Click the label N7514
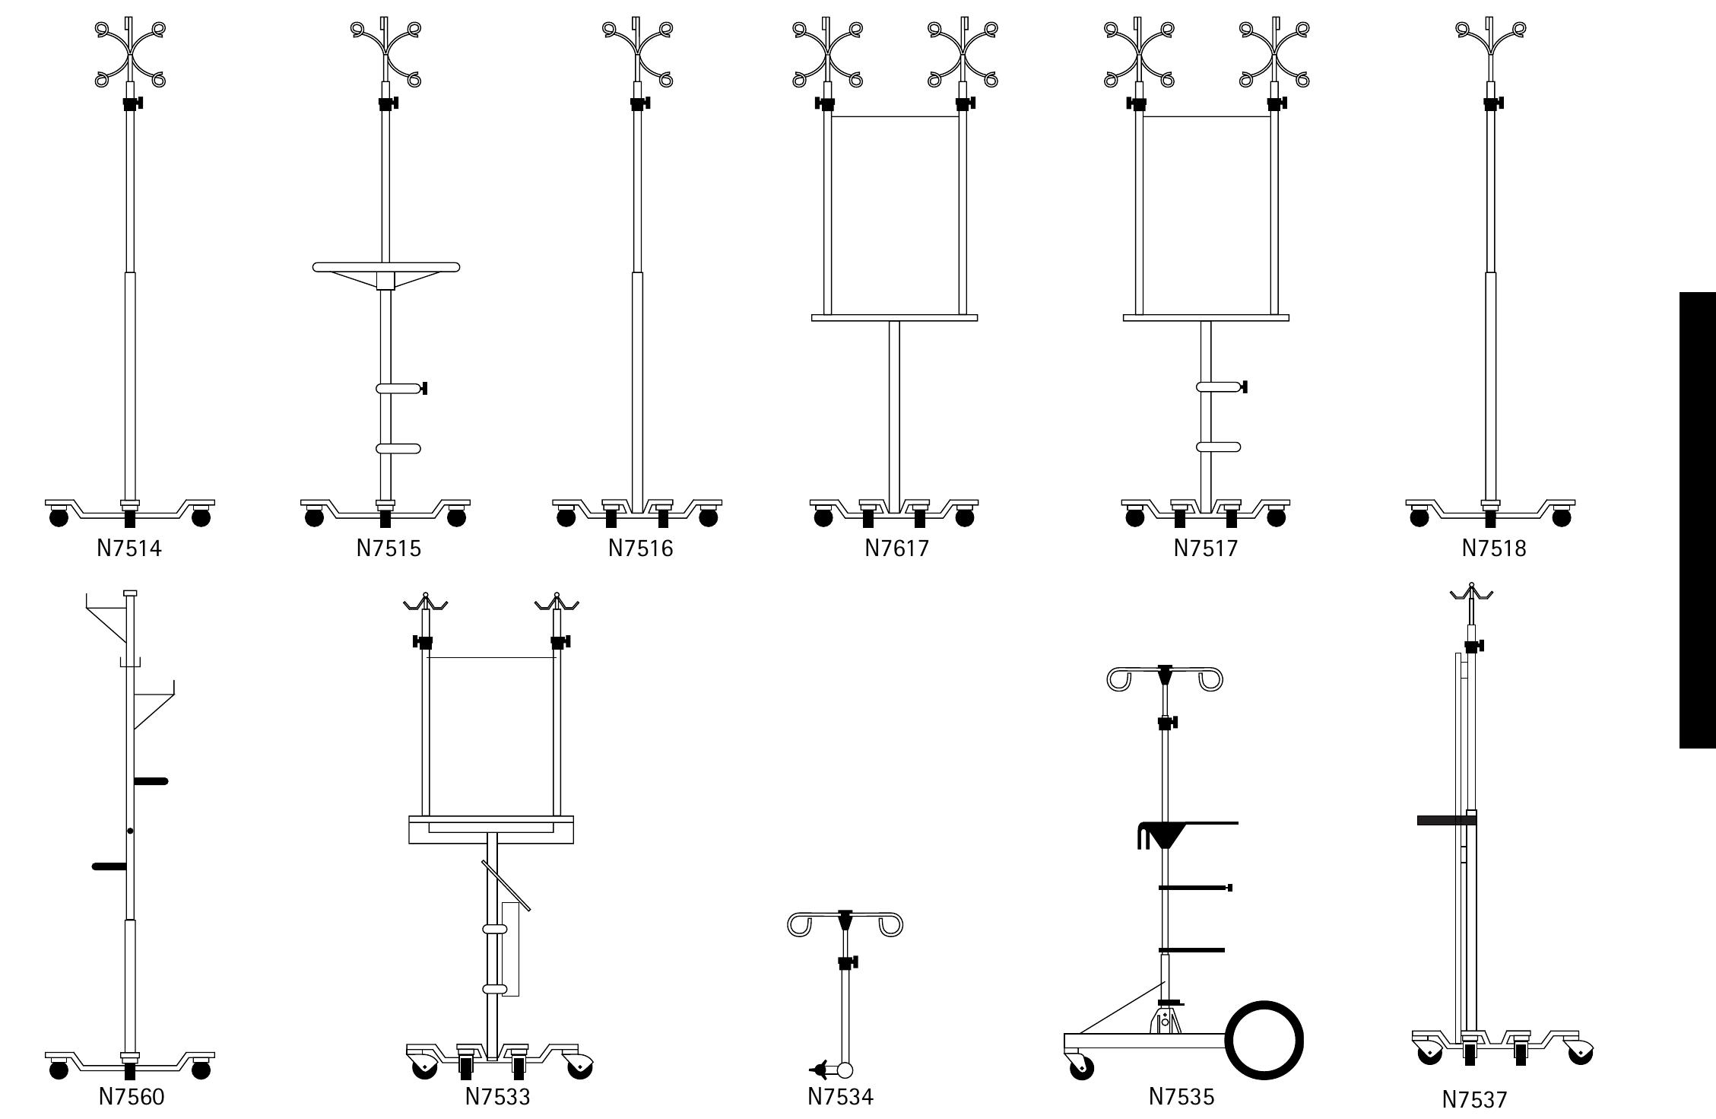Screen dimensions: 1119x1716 129,548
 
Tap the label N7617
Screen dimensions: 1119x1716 896,548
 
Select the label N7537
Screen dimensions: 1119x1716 1473,1100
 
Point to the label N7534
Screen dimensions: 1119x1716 840,1097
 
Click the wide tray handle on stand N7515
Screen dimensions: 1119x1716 386,268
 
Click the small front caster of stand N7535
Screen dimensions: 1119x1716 1081,1069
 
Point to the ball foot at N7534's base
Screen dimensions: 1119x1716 845,1070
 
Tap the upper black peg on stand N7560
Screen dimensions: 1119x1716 151,781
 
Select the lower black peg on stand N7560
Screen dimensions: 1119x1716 109,866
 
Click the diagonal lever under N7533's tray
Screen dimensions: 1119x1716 506,885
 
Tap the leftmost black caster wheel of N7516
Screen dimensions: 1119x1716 566,518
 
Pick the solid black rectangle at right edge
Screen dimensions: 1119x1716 1697,520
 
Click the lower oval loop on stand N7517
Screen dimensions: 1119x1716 1218,447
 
